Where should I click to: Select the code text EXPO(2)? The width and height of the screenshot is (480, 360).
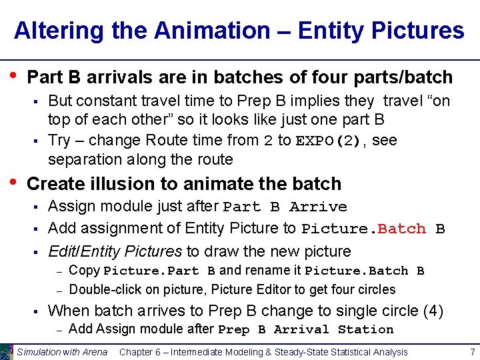[327, 141]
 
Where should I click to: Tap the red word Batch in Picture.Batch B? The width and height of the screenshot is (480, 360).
[401, 229]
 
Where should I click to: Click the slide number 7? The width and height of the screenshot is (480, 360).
[472, 351]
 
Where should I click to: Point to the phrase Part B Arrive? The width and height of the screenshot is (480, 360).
[285, 207]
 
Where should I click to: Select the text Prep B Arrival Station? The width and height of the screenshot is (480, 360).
[305, 329]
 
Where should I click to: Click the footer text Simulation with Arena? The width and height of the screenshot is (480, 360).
[62, 351]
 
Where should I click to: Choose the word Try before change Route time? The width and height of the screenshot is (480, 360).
[59, 140]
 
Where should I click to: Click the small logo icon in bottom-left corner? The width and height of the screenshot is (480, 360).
[7, 351]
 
